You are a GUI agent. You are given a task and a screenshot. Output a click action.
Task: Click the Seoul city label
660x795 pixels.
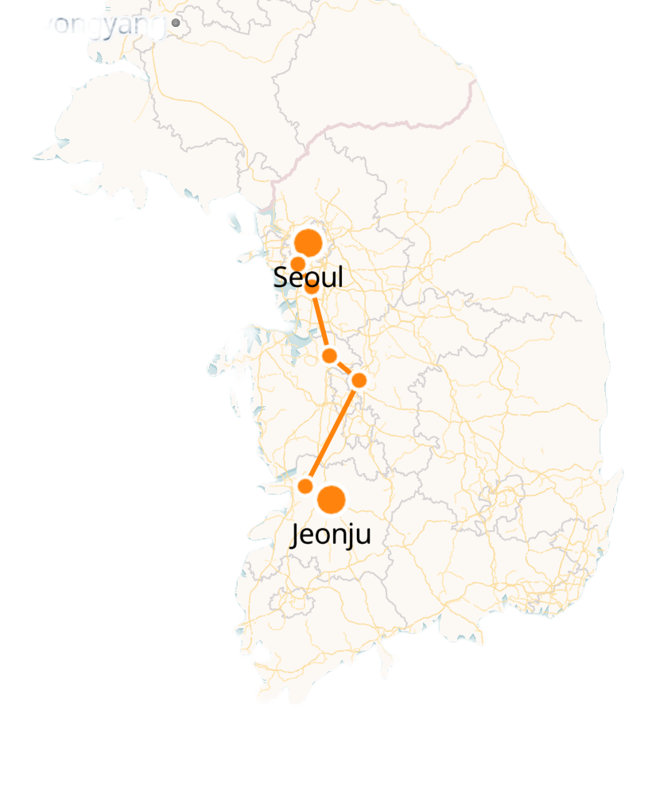coord(308,277)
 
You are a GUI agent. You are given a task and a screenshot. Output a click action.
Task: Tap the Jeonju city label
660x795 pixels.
coord(330,534)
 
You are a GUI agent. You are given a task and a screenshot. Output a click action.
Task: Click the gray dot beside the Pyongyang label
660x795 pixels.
coord(176,24)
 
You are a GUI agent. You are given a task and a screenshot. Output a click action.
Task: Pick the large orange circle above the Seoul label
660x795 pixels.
coord(308,242)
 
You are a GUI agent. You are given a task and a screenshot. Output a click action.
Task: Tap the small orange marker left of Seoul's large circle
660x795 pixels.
coord(297,264)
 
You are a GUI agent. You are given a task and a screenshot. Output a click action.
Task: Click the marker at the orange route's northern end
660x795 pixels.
coord(313,287)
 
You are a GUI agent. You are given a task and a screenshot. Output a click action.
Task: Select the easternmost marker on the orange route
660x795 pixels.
coord(359,380)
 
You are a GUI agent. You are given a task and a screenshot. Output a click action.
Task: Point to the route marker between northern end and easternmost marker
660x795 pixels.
coord(329,355)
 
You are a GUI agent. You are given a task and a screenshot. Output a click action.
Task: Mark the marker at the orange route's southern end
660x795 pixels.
coord(305,486)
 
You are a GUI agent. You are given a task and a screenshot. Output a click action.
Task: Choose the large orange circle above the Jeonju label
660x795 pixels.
coord(332,499)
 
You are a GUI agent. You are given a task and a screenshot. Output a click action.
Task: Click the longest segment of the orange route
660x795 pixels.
coord(332,432)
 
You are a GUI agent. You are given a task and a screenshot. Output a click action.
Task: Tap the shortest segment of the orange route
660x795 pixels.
coord(344,367)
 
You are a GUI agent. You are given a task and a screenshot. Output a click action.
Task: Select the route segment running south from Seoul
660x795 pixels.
coord(320,321)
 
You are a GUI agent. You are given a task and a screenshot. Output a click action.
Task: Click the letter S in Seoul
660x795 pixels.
coord(280,277)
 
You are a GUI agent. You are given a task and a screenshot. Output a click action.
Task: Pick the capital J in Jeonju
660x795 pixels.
coord(296,534)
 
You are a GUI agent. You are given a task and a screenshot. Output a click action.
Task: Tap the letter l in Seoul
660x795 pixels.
coord(340,277)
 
